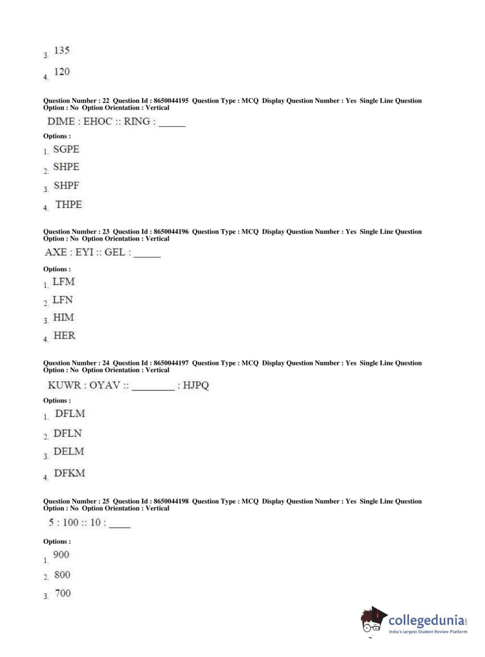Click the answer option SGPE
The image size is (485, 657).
click(66, 149)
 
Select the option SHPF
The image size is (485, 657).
click(66, 186)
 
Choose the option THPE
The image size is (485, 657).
click(68, 204)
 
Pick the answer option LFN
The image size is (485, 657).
click(63, 300)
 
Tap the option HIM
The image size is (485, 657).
click(63, 317)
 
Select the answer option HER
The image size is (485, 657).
click(64, 335)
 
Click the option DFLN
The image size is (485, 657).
click(67, 433)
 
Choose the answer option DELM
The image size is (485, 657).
click(68, 452)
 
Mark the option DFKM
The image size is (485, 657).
click(69, 473)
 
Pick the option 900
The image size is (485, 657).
click(61, 555)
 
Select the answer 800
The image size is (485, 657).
click(62, 575)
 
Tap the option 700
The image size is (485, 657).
click(63, 593)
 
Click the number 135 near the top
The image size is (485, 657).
click(62, 50)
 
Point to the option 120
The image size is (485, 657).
click(62, 72)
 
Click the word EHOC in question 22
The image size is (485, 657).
click(98, 121)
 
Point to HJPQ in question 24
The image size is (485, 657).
click(196, 385)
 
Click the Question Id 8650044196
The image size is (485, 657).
click(171, 232)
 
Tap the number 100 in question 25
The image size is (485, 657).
click(70, 522)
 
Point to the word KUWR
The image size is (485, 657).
click(64, 385)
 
